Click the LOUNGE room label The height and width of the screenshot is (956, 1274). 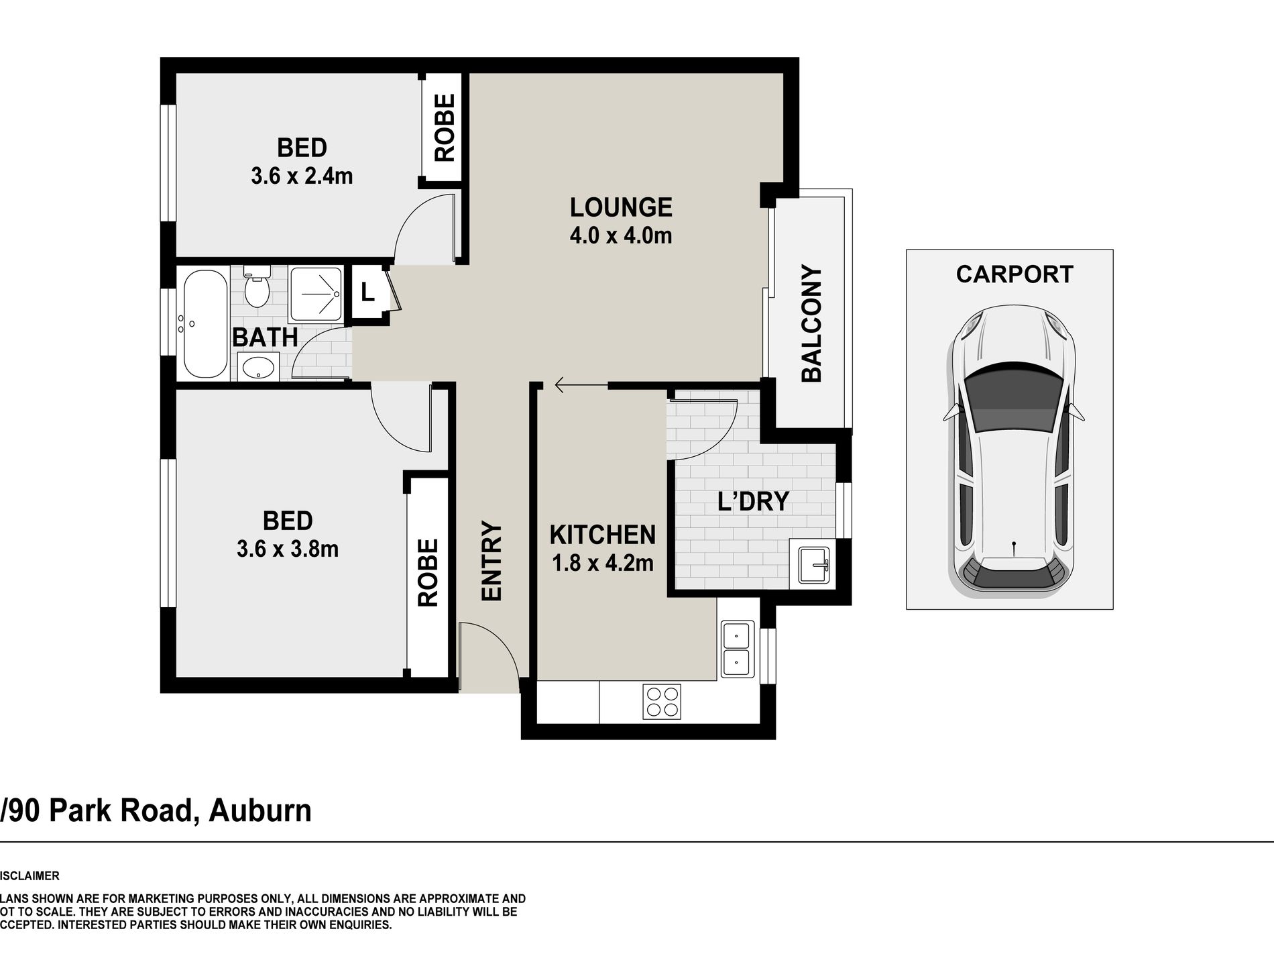tap(621, 207)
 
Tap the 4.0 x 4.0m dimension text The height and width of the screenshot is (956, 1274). tap(621, 235)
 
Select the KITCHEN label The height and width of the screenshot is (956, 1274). tap(603, 535)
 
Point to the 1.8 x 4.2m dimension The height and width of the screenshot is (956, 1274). tap(603, 563)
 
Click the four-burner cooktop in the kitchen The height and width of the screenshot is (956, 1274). tap(662, 702)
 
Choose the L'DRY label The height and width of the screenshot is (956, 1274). tap(753, 501)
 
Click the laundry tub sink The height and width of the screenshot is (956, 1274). tap(813, 564)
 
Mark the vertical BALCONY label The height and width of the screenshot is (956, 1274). tap(812, 323)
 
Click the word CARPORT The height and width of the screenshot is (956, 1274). tap(1015, 274)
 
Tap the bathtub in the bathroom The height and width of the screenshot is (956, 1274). tap(205, 324)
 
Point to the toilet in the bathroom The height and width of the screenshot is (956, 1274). tap(257, 287)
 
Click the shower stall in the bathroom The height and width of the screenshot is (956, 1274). tap(316, 294)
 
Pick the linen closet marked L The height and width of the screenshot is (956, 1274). tap(368, 293)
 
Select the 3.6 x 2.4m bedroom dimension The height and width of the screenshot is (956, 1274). tap(302, 176)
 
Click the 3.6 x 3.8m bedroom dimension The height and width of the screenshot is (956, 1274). tap(288, 549)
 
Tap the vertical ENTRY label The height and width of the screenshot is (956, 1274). tap(491, 561)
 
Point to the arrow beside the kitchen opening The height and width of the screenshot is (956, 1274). tap(581, 385)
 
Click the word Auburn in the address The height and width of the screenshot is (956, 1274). tap(260, 810)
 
